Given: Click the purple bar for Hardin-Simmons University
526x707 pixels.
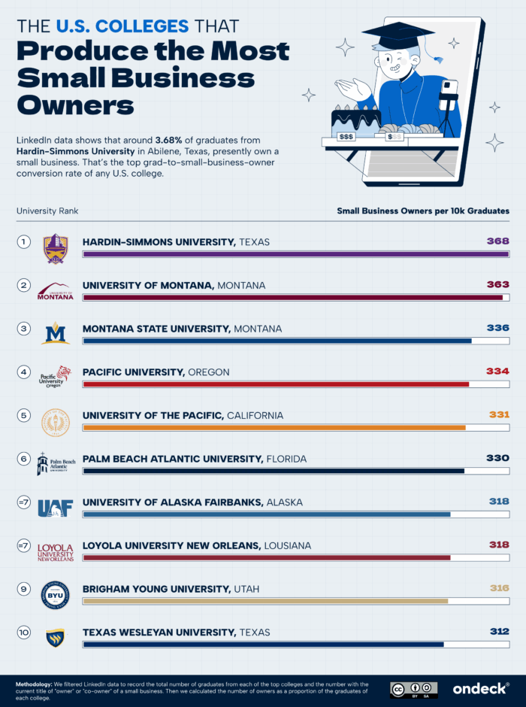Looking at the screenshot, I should click(x=295, y=254).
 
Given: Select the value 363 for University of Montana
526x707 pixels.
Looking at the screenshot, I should click(x=497, y=285).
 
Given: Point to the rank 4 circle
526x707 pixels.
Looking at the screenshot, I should click(x=24, y=372).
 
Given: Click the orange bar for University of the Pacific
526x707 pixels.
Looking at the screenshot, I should click(x=274, y=428).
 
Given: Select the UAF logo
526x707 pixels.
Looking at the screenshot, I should click(x=56, y=508).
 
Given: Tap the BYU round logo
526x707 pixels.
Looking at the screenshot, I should click(x=56, y=595).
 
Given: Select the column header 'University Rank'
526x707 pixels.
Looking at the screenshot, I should click(x=47, y=211).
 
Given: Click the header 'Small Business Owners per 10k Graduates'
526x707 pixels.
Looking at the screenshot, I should click(x=423, y=211).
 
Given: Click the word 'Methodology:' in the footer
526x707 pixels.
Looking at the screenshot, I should click(x=36, y=684).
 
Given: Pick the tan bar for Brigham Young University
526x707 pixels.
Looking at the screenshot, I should click(x=265, y=601).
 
